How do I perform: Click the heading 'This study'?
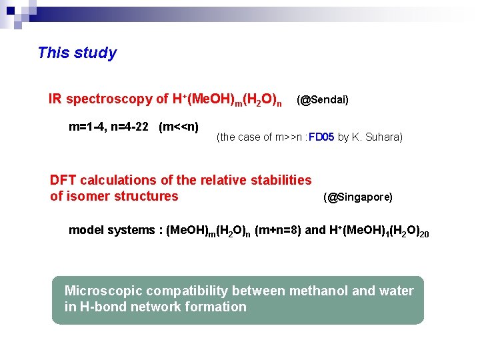(77, 53)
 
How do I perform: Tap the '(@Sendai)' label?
(323, 100)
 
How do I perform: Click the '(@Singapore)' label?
(358, 197)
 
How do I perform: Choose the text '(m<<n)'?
(179, 127)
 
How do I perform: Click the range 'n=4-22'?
(133, 127)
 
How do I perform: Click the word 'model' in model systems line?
(84, 231)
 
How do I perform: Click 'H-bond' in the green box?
(101, 307)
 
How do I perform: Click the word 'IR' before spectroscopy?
(56, 99)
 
